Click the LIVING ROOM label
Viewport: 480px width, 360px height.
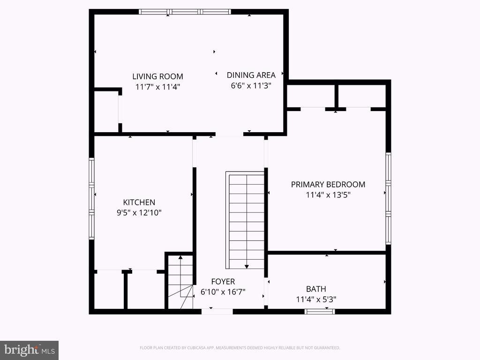(x=157, y=76)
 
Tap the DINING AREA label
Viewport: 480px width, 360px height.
(x=251, y=75)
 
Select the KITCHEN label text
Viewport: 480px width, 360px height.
(x=139, y=202)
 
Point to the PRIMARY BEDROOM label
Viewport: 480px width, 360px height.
(x=328, y=184)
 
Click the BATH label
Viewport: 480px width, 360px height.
(x=316, y=289)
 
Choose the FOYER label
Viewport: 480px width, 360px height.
(x=223, y=282)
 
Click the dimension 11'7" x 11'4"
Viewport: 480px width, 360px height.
(x=157, y=87)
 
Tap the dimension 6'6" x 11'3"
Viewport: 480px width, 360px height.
(x=251, y=85)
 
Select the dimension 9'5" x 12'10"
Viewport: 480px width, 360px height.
(x=139, y=213)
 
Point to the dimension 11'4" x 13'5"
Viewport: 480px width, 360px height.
(x=328, y=195)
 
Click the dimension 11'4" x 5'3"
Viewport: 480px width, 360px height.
(x=316, y=300)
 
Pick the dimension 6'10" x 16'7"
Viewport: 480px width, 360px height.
(x=223, y=292)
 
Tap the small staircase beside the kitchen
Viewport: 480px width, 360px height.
(x=180, y=281)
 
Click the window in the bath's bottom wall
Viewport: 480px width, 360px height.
(x=320, y=311)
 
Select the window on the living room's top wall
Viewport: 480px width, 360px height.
(x=185, y=12)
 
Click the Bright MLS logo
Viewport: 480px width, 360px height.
(x=29, y=350)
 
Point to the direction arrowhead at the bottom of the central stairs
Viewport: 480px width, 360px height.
(x=247, y=266)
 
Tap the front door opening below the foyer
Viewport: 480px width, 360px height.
(x=217, y=311)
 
